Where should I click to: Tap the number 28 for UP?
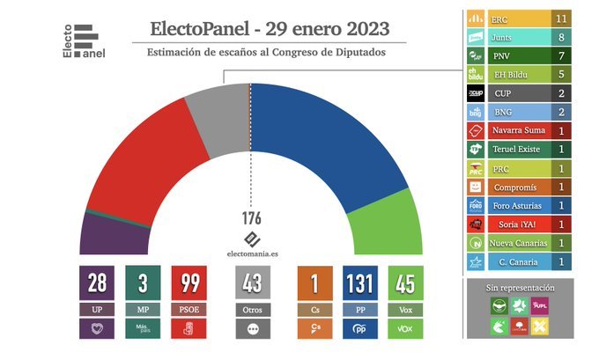tap(97, 285)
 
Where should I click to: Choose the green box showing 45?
tap(406, 285)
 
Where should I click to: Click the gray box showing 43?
tap(254, 285)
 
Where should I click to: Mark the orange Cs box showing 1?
tap(316, 285)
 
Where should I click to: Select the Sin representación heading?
tap(519, 288)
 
